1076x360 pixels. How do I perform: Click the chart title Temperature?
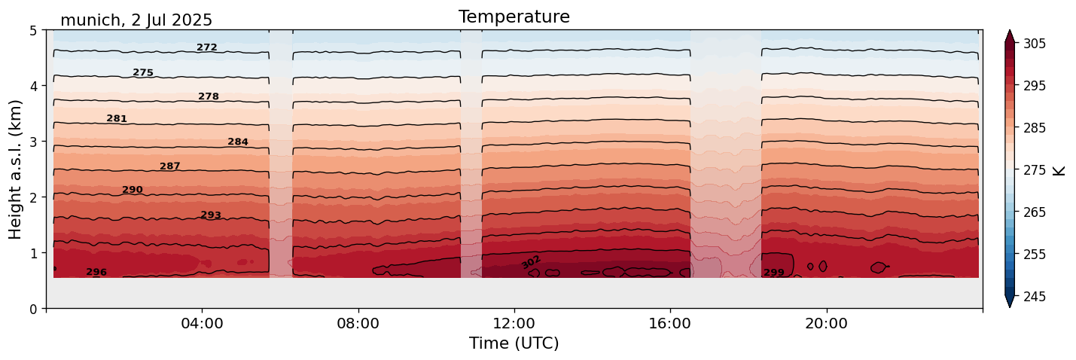[x=514, y=17]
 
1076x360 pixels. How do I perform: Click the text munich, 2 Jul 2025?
[x=136, y=20]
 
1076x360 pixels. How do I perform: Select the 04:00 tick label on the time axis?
[x=202, y=324]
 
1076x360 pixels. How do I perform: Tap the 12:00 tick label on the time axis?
[x=514, y=324]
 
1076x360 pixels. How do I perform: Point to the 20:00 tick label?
[x=826, y=324]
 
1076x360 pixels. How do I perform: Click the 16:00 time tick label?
[x=670, y=324]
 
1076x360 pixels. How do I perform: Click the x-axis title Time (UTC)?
[x=514, y=344]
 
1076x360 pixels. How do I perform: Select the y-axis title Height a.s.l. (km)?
[x=16, y=169]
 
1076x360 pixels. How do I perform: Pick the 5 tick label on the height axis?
[x=33, y=31]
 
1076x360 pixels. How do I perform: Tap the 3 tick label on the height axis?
[x=33, y=142]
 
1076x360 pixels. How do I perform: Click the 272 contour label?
[x=207, y=47]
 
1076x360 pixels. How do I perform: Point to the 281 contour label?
[x=117, y=119]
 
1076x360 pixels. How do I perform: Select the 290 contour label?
[x=133, y=190]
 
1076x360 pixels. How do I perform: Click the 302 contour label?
[x=531, y=262]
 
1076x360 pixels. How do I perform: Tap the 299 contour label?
[x=774, y=273]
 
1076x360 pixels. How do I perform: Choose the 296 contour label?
[x=96, y=272]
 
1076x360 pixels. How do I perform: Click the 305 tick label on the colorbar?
[x=1034, y=44]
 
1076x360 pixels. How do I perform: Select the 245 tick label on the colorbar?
[x=1034, y=297]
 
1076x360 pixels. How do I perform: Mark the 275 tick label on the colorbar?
[x=1034, y=170]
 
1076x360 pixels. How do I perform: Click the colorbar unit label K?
[x=1059, y=170]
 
